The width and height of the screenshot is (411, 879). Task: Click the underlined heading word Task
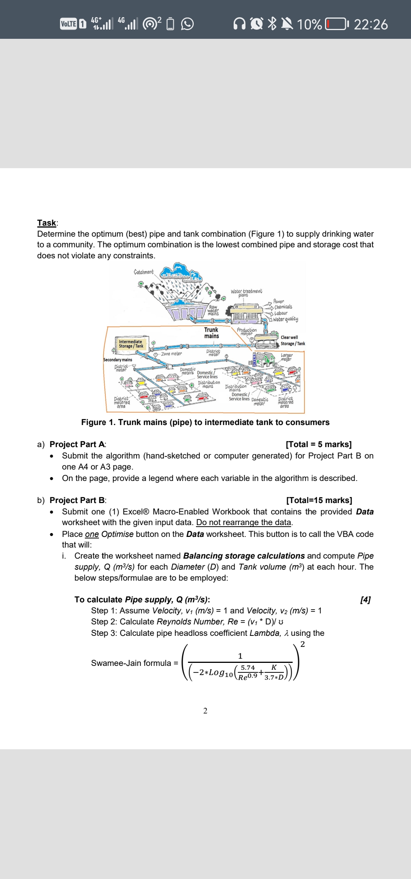click(x=47, y=223)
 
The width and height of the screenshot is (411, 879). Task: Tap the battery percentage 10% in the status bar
click(x=309, y=25)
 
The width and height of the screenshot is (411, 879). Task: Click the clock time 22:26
click(x=371, y=25)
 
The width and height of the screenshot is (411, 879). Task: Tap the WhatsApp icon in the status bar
click(x=187, y=24)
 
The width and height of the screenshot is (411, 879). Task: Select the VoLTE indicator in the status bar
click(x=69, y=24)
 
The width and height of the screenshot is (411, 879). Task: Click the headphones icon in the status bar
click(x=239, y=24)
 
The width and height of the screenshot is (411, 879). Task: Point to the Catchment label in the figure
click(x=143, y=272)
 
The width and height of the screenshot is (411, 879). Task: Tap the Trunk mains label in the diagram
click(x=211, y=333)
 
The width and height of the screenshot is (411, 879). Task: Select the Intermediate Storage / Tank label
click(x=131, y=344)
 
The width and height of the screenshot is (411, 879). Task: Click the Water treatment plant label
click(x=246, y=293)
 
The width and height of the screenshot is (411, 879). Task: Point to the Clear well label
click(x=289, y=338)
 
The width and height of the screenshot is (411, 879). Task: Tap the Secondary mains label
click(x=118, y=360)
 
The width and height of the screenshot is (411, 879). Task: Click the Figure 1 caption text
click(x=205, y=422)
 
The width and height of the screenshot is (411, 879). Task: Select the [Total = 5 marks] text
click(x=319, y=444)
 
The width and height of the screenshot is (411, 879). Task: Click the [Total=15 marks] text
click(x=319, y=500)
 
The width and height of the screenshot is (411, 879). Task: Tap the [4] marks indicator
click(x=365, y=600)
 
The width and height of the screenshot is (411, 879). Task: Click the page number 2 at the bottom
click(x=205, y=711)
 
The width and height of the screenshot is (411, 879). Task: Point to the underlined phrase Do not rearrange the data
click(x=244, y=522)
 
